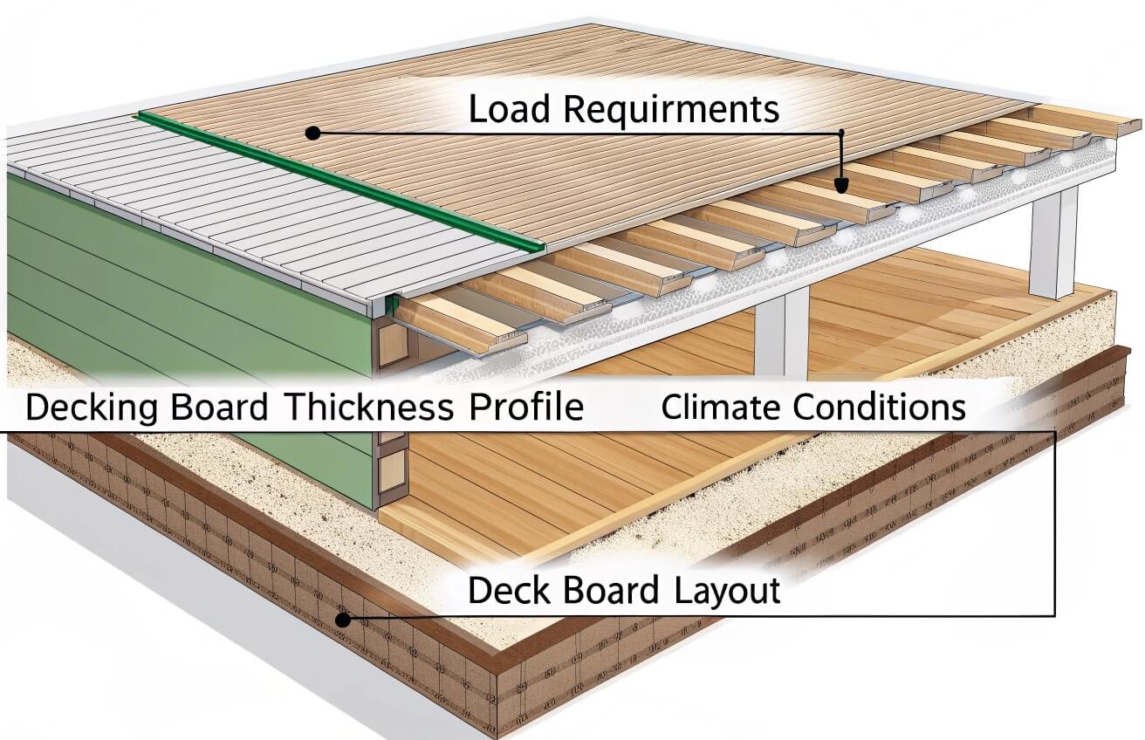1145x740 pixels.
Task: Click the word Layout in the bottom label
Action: (728, 591)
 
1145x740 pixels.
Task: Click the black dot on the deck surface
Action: (312, 133)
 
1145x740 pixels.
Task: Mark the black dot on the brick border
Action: (343, 620)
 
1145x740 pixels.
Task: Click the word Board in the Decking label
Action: (224, 408)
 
